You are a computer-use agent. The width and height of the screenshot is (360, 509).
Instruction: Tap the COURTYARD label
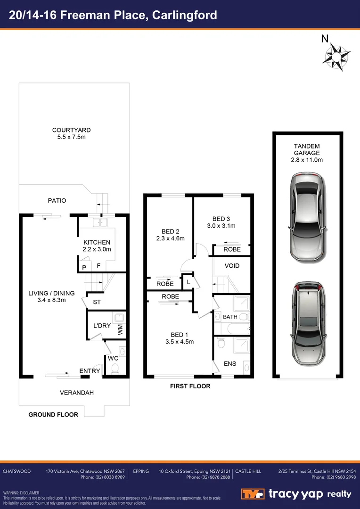[x=71, y=130]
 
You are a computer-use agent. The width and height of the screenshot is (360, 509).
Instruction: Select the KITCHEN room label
[x=97, y=242]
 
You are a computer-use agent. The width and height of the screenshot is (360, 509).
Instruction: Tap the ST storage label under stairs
[x=97, y=302]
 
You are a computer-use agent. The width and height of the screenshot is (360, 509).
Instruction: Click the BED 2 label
[x=170, y=231]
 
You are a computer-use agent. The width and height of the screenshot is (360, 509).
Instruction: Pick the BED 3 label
[x=221, y=219]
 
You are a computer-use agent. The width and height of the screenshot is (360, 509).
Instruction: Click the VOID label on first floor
[x=232, y=266]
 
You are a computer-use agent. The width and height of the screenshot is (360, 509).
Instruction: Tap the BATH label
[x=230, y=317]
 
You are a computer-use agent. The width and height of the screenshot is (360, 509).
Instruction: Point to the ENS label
[x=229, y=364]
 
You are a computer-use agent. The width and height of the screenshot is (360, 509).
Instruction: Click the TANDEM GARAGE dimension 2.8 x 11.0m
[x=307, y=160]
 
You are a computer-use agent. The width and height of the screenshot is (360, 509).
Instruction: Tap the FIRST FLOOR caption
[x=190, y=386]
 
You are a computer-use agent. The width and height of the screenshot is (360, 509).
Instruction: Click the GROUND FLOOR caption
[x=53, y=414]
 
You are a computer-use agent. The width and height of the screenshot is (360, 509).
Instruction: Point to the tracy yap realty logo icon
[x=253, y=494]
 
